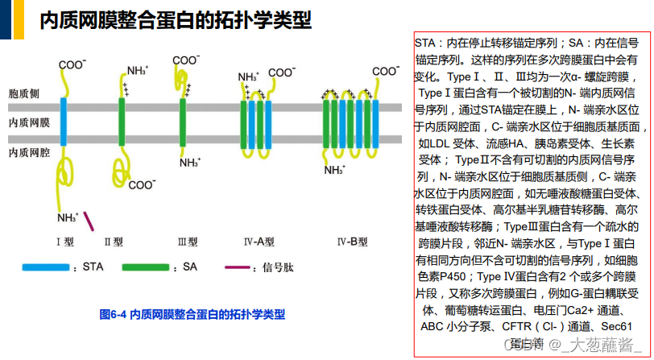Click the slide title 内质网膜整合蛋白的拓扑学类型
coord(175,20)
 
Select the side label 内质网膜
coord(29,123)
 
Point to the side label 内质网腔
coord(29,151)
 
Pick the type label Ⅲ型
coord(188,241)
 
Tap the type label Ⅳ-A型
coord(259,241)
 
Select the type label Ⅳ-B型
coord(352,241)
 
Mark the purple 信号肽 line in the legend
coord(237,266)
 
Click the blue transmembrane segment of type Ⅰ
coord(64,122)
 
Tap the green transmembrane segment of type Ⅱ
coord(122,122)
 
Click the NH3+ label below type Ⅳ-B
coord(334,170)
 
